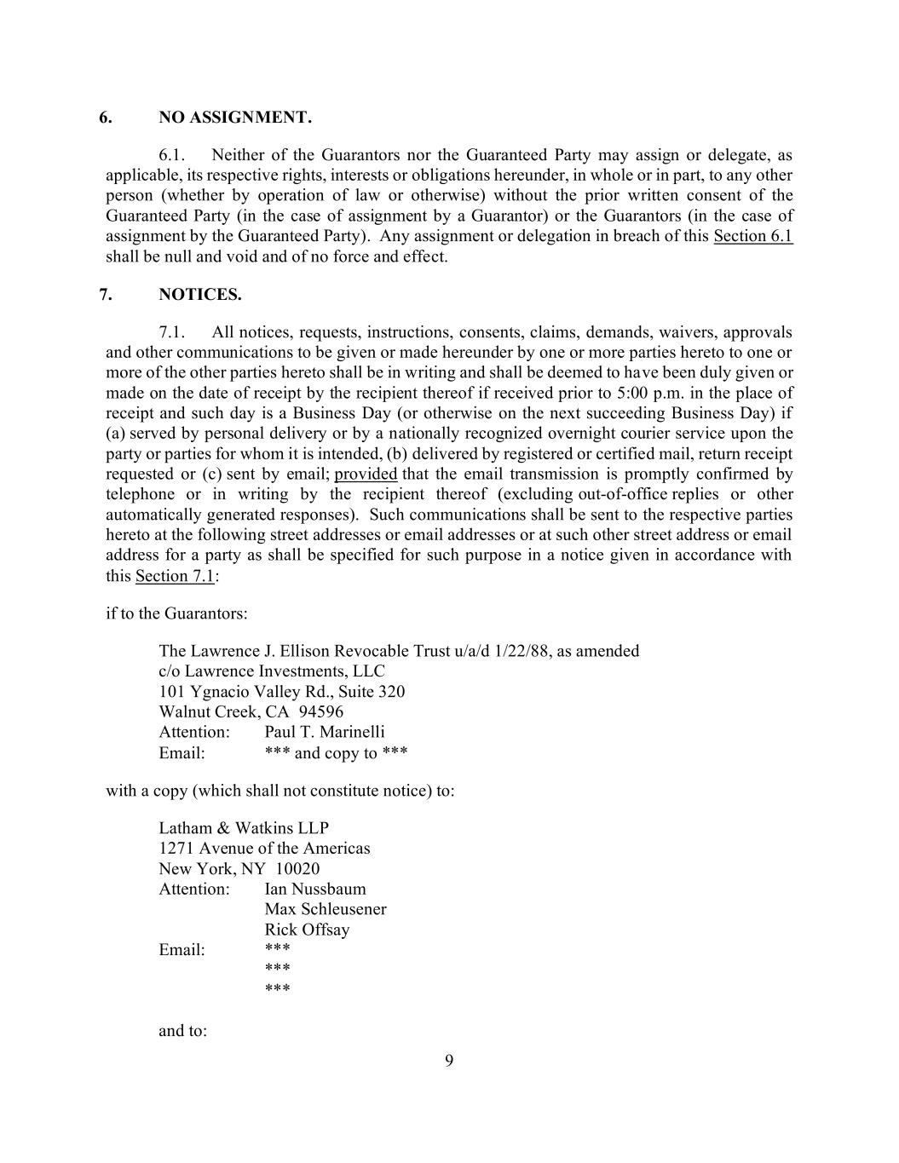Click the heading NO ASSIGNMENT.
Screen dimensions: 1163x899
point(235,118)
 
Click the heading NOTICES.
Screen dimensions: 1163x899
point(200,295)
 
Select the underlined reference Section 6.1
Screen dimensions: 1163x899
point(752,236)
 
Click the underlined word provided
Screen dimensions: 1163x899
point(366,475)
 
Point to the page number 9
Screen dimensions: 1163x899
point(449,1061)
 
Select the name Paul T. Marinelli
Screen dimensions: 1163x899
point(325,732)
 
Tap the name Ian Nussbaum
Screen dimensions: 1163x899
point(315,890)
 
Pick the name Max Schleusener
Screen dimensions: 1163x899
point(326,909)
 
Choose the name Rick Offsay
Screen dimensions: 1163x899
point(307,930)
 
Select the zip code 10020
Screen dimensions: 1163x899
point(297,869)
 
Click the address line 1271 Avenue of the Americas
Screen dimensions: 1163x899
point(264,849)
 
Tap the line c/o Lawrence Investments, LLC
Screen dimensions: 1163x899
point(272,671)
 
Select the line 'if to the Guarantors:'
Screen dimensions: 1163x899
point(176,613)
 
